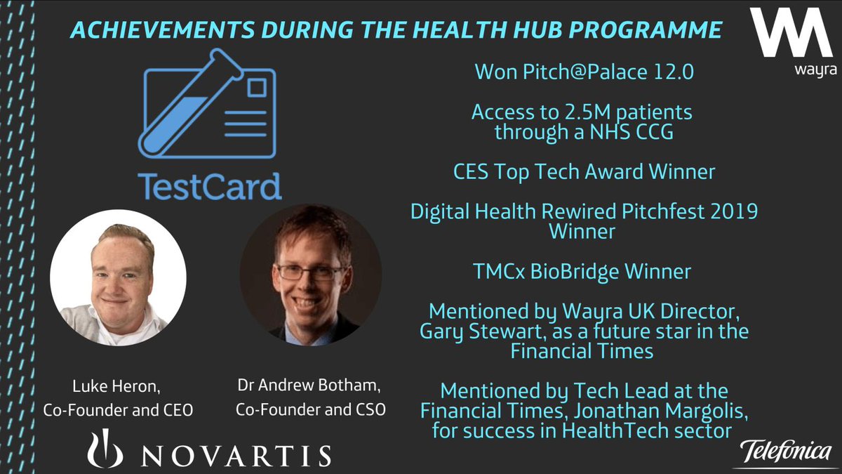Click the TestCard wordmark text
(210, 186)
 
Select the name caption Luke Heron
(118, 387)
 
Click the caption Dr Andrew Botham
(309, 387)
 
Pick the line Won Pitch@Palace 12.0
(584, 71)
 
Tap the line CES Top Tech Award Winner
(584, 171)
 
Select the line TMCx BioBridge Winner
(584, 270)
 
